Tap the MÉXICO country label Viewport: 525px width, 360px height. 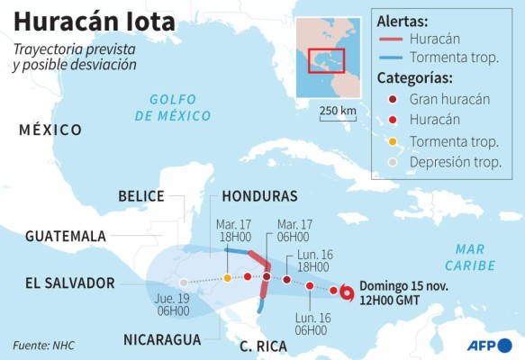50,130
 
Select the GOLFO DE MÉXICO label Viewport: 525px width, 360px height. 173,109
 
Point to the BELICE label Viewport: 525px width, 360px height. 141,196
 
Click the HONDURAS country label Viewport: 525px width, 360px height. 259,196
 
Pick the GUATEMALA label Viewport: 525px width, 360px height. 66,236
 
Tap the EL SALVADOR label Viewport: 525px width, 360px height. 69,283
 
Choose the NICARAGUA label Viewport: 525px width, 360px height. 162,339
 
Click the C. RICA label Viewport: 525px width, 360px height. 264,346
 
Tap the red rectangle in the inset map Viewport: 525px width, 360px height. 324,60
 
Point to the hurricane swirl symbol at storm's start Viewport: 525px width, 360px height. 347,292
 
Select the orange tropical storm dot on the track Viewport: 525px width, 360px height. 228,277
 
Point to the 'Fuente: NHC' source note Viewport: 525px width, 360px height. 44,345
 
